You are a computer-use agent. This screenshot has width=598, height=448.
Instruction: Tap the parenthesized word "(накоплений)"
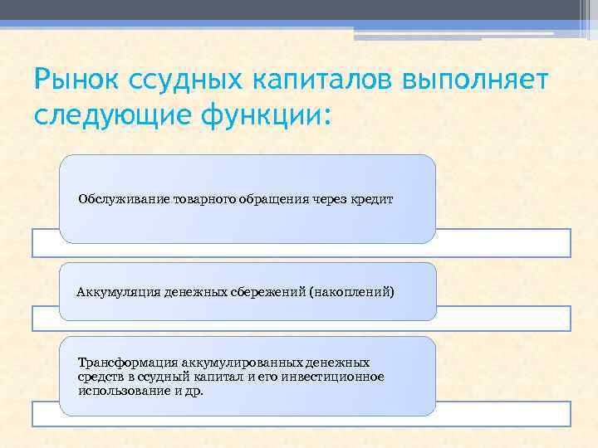pyautogui.click(x=351, y=292)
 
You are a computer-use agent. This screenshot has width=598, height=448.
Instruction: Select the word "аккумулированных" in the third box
pyautogui.click(x=226, y=363)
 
